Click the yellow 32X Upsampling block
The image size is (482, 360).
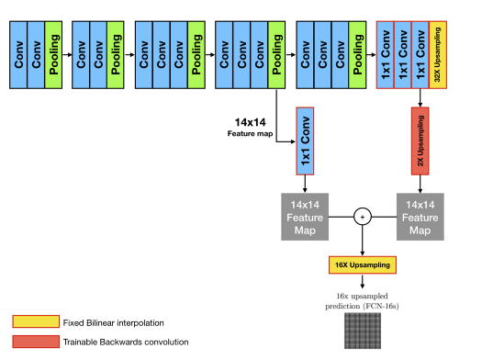(438, 54)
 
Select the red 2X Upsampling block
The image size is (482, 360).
(420, 142)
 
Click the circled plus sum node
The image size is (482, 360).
(364, 218)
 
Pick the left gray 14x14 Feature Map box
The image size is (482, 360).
(305, 218)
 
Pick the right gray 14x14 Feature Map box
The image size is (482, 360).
(420, 218)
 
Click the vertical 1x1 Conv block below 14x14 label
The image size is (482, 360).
(305, 141)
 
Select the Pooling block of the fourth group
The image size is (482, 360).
(273, 54)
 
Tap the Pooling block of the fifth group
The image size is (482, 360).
(357, 54)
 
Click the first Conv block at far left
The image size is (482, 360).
(17, 54)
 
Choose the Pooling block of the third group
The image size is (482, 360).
(195, 54)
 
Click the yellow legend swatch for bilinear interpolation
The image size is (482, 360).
(34, 321)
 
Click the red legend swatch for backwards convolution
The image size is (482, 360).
(34, 343)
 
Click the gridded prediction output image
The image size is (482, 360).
(364, 330)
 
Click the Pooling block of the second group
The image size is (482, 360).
(114, 54)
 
